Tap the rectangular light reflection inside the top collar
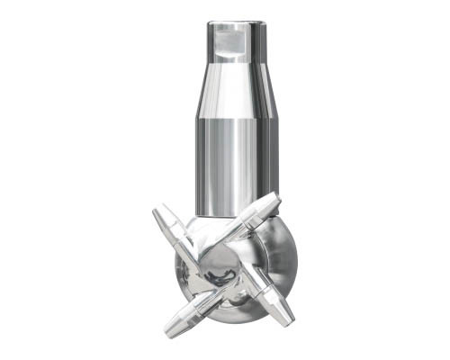tap(231, 38)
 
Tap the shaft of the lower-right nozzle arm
tap(261, 292)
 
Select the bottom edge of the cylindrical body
tap(231, 214)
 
